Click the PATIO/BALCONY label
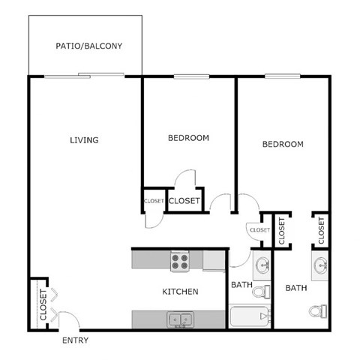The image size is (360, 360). [88, 46]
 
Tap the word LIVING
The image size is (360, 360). [84, 139]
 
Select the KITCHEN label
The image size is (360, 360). [180, 291]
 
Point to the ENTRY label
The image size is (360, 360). [75, 340]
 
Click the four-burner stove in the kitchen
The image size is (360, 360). [181, 261]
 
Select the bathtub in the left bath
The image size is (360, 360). [248, 317]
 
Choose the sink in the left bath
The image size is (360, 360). [262, 265]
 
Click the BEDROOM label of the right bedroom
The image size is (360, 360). [283, 144]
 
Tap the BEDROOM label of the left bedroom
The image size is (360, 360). [188, 138]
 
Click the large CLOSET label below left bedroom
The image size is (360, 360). [184, 201]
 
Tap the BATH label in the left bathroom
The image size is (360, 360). [241, 285]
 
